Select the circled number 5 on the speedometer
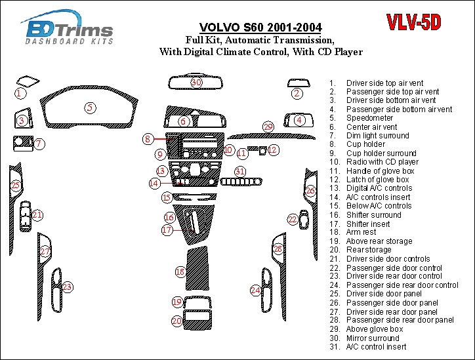90,108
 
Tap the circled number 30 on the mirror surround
196,83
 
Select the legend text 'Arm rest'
361,232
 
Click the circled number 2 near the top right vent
297,93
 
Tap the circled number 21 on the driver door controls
37,214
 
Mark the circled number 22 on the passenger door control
293,219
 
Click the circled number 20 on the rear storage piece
177,321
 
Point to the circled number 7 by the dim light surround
39,144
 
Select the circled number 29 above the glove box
268,127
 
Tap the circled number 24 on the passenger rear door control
256,289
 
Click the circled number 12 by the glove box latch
273,150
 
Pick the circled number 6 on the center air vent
184,122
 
